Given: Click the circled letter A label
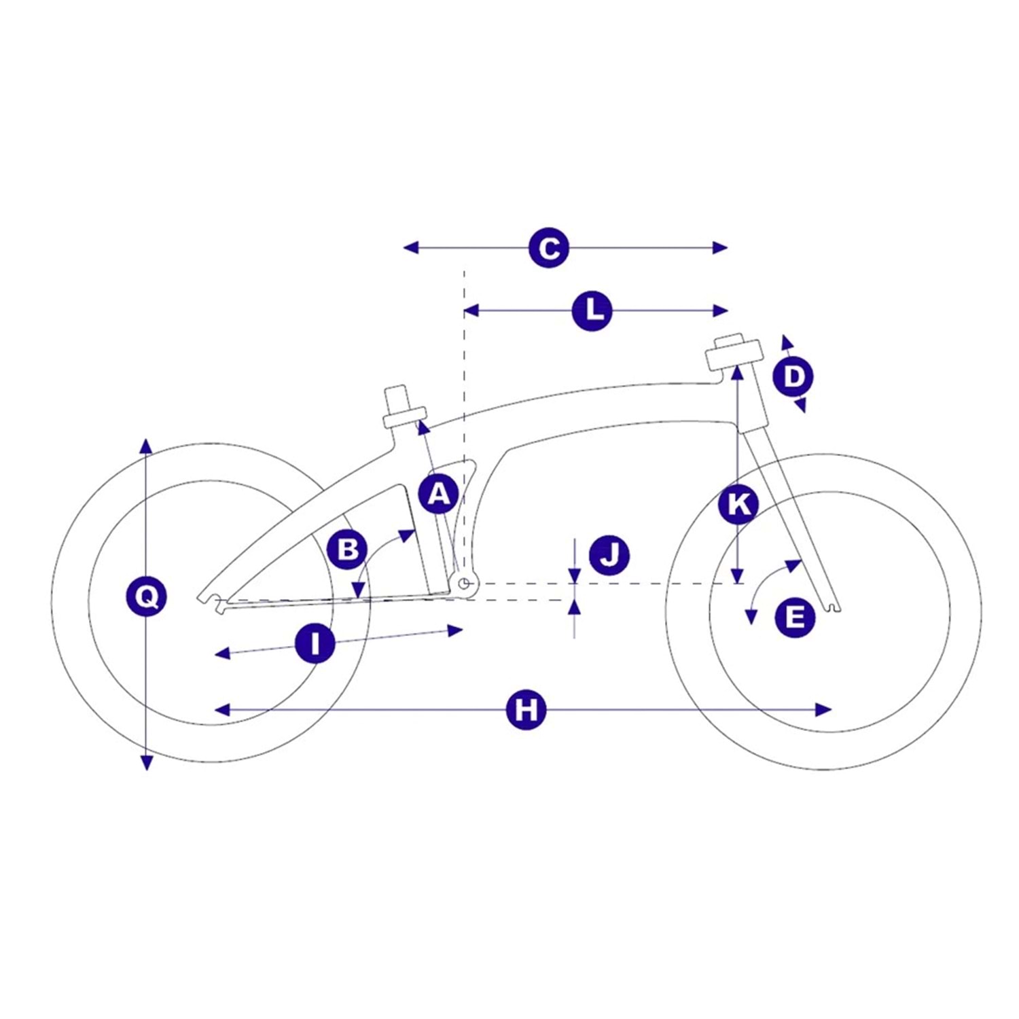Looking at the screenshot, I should (439, 493).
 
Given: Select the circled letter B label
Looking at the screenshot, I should (347, 549).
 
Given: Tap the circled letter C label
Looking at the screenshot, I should (548, 248).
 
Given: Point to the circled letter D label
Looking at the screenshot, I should (793, 376).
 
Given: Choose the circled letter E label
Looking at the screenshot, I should (795, 617).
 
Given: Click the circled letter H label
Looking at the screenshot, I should (526, 710).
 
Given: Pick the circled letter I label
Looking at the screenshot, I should (315, 643).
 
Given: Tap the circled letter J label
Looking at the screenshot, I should (609, 555).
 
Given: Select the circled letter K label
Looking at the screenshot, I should (738, 504).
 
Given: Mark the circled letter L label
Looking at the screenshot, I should (592, 311).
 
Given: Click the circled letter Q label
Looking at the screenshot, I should (147, 597).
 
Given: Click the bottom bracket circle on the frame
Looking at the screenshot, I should (465, 583).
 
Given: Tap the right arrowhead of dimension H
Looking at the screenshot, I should (824, 710).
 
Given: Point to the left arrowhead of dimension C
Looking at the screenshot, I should (410, 248).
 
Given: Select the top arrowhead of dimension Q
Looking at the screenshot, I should (146, 446).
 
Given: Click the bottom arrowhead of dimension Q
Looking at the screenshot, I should (146, 763).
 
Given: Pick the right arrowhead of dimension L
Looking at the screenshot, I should (721, 311).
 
